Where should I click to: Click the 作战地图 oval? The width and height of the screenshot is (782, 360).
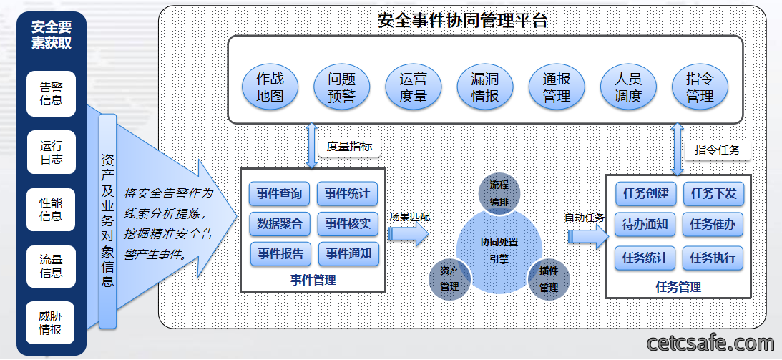[270, 87]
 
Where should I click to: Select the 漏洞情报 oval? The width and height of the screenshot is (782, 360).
[485, 87]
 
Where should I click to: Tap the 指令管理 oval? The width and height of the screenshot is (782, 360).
[700, 87]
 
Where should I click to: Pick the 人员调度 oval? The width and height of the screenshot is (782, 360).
[628, 87]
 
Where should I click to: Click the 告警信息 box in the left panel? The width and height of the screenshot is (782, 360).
[52, 94]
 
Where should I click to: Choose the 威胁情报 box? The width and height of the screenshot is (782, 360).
[51, 323]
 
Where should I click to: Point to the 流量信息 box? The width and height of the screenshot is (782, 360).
[51, 266]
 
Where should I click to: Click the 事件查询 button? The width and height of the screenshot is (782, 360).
[279, 194]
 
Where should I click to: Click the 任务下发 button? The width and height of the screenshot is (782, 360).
[714, 194]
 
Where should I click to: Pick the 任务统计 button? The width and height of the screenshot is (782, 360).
[645, 258]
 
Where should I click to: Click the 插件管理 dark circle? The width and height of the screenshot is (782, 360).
[549, 279]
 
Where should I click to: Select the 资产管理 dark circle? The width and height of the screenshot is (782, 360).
[449, 279]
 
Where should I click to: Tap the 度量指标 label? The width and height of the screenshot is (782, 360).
[349, 147]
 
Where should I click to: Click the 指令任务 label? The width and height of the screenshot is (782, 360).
[717, 150]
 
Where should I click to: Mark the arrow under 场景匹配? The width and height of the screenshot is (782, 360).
[408, 233]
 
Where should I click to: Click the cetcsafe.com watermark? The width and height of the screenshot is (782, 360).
[710, 344]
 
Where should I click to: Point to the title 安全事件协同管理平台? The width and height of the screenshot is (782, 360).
[463, 21]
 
